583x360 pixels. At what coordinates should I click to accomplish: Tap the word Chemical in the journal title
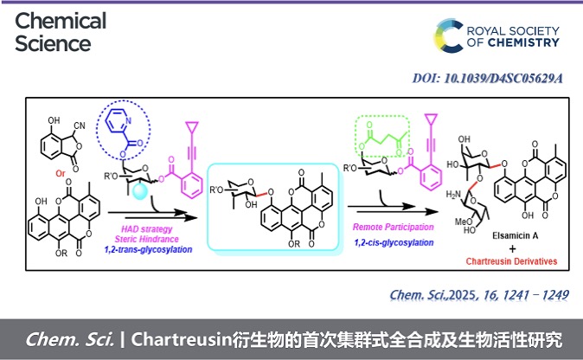pos(61,20)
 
